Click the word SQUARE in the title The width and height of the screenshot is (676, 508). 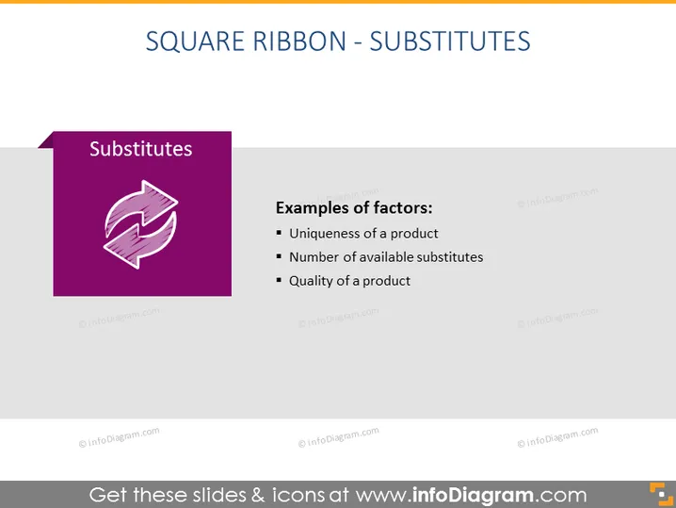(196, 41)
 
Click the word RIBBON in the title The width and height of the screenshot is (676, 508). (299, 41)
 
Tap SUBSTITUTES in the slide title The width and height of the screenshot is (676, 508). (450, 41)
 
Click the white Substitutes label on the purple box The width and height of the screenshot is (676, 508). (141, 149)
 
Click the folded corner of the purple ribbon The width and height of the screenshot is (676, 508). (46, 141)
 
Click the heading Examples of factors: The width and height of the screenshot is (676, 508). (354, 208)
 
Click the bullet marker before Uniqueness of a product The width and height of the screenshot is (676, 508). (279, 233)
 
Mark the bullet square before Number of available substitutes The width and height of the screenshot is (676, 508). (279, 256)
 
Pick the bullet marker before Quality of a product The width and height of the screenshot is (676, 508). (279, 281)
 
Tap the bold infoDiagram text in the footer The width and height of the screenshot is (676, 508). (473, 495)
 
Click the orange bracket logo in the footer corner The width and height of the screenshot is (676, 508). (661, 494)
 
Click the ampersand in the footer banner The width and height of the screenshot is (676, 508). (258, 495)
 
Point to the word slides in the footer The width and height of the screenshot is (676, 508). (219, 495)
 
